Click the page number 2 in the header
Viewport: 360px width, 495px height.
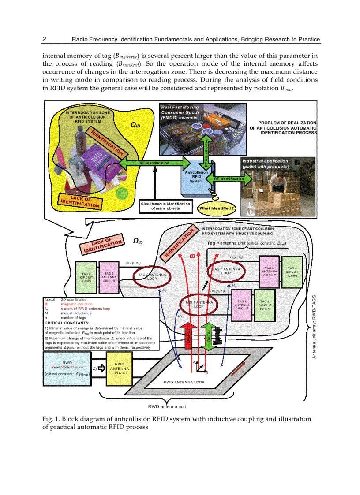click(44, 39)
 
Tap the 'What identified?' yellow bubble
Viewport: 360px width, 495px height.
click(217, 208)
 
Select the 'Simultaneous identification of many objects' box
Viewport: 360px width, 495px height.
click(165, 206)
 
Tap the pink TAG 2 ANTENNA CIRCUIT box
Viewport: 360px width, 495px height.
click(109, 277)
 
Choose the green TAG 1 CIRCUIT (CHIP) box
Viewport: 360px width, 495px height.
click(265, 304)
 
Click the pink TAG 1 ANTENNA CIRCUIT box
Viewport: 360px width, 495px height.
click(242, 304)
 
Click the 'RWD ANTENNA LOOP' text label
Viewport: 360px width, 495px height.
click(184, 382)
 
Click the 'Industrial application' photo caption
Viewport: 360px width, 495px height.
click(265, 164)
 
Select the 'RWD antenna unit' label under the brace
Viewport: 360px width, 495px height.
click(167, 406)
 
